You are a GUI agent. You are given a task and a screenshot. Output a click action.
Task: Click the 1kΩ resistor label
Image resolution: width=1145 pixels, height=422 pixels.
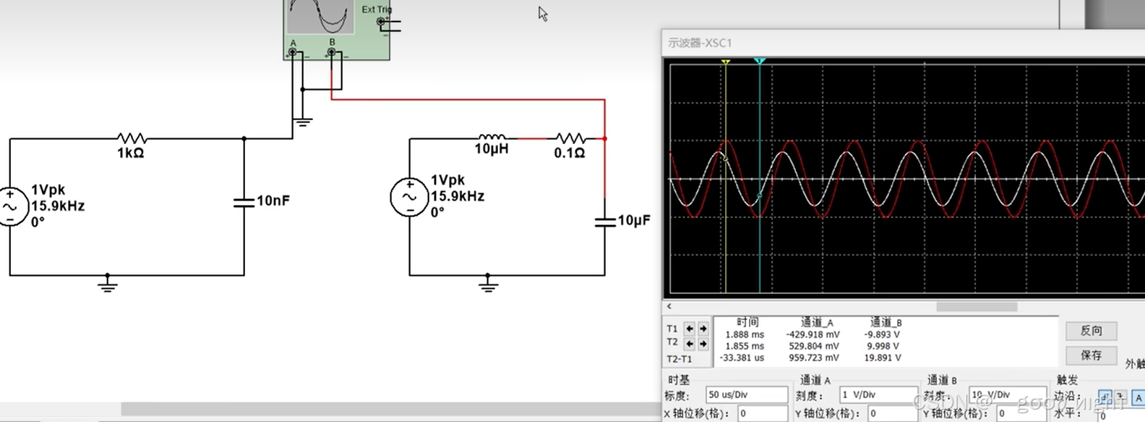tap(131, 153)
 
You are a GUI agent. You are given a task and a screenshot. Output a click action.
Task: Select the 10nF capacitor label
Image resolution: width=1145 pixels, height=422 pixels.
tap(273, 201)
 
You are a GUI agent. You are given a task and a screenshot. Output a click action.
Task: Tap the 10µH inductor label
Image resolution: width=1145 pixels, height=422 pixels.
tap(492, 149)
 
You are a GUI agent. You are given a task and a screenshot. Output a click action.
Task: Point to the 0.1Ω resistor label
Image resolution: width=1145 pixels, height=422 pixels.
tap(570, 153)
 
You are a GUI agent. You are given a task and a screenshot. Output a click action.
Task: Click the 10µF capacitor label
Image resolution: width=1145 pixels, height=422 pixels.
tap(634, 220)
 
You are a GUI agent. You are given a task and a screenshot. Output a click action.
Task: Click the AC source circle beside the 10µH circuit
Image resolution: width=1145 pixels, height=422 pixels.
tap(409, 197)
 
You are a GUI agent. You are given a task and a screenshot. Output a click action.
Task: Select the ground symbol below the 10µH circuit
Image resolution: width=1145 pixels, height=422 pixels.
tap(488, 284)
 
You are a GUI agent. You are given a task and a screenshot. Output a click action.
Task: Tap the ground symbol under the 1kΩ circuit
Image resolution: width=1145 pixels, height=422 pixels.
tap(108, 284)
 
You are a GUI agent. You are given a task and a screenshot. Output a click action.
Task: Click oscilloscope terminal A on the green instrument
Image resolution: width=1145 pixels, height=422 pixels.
tap(293, 52)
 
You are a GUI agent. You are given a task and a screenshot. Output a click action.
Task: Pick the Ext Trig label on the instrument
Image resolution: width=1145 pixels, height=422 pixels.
tap(376, 9)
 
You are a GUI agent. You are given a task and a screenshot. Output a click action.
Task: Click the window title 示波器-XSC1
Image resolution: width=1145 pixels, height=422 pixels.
tap(700, 43)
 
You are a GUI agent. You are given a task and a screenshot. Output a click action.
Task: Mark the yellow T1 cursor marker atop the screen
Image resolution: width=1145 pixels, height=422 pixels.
tap(726, 62)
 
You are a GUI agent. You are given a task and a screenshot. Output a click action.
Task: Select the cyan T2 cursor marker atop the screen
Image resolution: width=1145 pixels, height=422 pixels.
tap(760, 62)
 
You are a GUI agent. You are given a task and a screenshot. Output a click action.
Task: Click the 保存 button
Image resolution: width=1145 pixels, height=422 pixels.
tap(1091, 355)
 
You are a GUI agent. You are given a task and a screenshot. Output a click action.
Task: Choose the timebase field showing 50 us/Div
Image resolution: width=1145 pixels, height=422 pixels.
tap(746, 394)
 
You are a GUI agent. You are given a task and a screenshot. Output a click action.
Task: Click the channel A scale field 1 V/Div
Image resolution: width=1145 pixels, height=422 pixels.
tap(878, 394)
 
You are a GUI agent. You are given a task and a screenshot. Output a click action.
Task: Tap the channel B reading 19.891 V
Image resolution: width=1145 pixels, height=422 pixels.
tap(883, 358)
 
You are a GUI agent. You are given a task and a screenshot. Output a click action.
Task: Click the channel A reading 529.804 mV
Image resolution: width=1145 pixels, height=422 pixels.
tap(814, 346)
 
